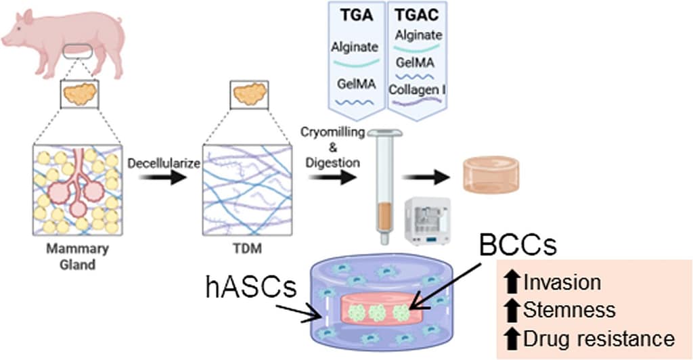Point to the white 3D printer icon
[x=428, y=221]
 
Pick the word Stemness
[x=570, y=311]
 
